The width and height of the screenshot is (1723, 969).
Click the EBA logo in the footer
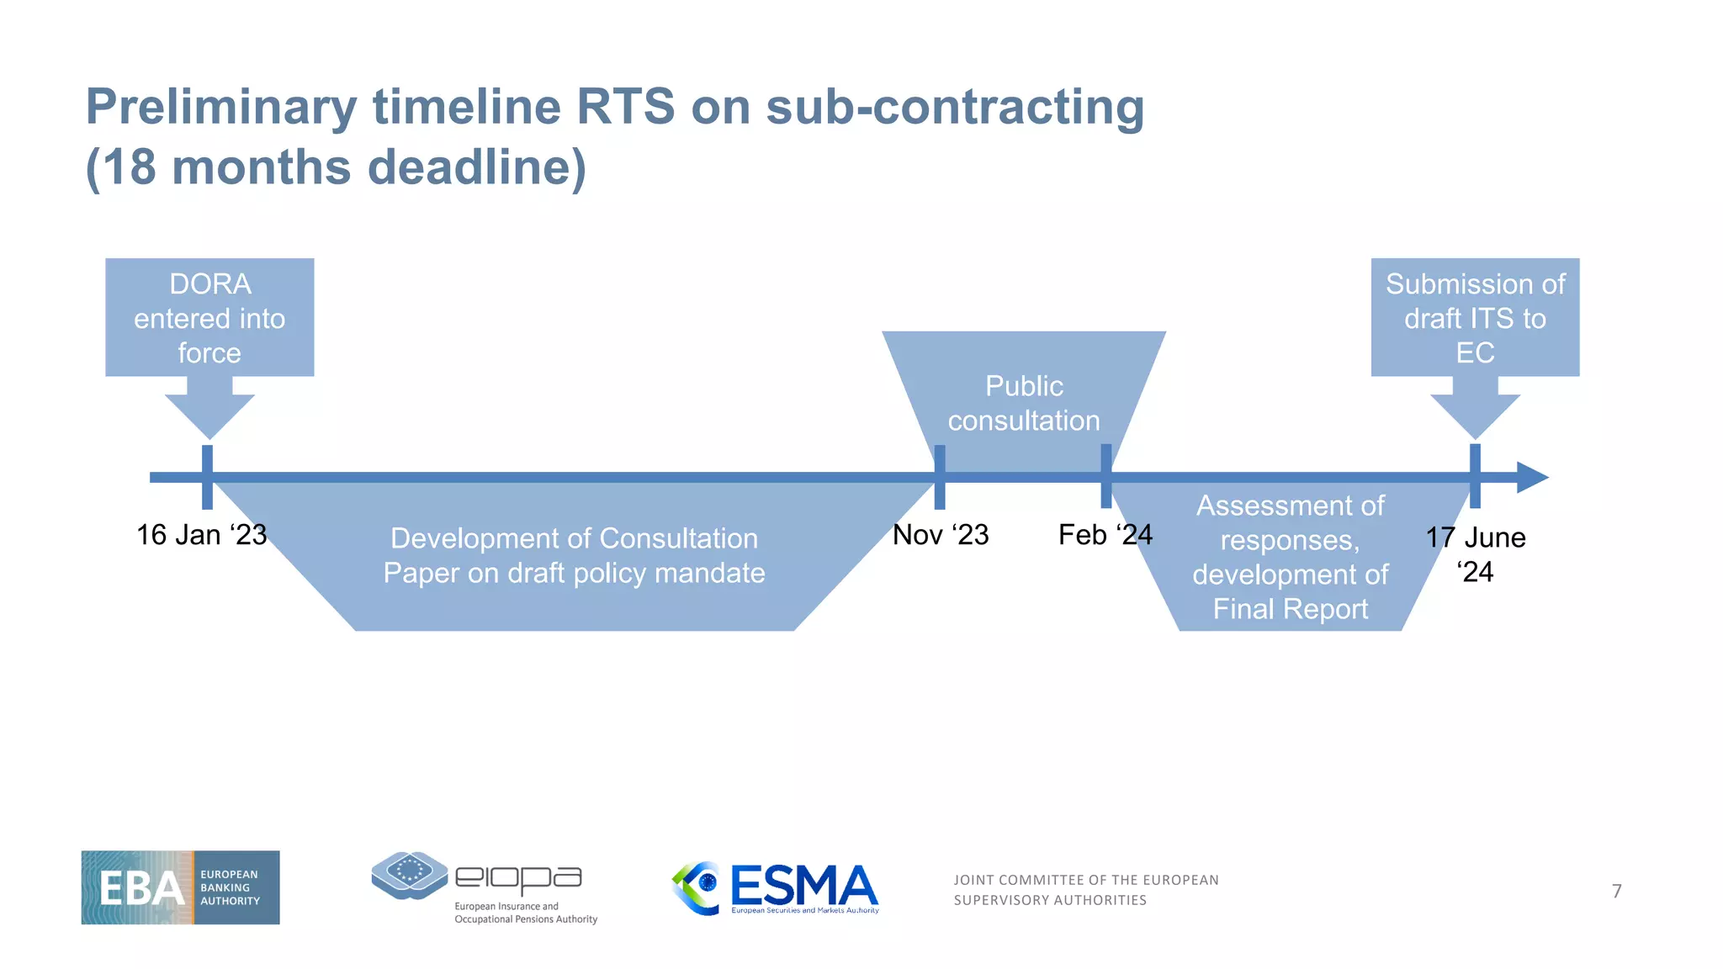180,887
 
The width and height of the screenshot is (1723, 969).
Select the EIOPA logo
484,887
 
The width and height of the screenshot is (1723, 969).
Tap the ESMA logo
776,888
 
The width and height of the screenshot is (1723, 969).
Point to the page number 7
1616,891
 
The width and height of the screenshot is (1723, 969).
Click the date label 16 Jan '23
201,535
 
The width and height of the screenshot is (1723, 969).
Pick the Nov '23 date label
941,535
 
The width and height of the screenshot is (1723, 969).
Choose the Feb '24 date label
1105,535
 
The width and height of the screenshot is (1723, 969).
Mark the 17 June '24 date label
1476,554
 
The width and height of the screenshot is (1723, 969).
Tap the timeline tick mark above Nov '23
940,477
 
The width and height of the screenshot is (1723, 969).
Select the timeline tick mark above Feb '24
1105,477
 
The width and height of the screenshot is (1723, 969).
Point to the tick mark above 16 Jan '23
207,477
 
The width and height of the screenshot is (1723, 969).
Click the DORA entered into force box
209,318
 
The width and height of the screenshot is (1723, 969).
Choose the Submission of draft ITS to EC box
1475,318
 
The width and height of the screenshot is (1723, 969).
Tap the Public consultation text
1024,404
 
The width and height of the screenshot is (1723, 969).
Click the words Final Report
1291,609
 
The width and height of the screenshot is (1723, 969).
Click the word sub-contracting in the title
955,108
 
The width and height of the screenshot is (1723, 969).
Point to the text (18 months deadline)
336,167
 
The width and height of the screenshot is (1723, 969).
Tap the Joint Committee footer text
1085,890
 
